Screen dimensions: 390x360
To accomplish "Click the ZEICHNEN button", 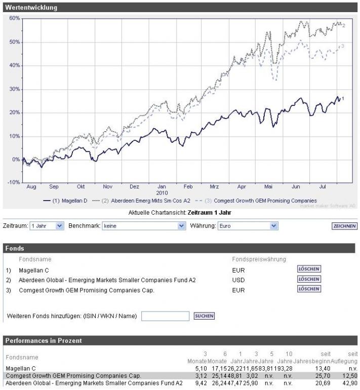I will pyautogui.click(x=345, y=226).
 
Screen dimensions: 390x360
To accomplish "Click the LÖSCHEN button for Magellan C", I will pyautogui.click(x=309, y=269).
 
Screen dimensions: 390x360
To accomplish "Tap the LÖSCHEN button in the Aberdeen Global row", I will pyautogui.click(x=309, y=279).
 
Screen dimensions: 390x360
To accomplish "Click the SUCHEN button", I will pyautogui.click(x=204, y=316).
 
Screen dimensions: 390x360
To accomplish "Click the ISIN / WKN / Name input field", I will pyautogui.click(x=165, y=316).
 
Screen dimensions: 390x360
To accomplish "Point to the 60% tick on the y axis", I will pyautogui.click(x=14, y=18).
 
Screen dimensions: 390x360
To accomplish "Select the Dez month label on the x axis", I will pyautogui.click(x=134, y=186).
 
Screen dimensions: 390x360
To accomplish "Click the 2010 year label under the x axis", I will pyautogui.click(x=162, y=193).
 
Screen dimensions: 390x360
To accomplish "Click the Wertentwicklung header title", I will pyautogui.click(x=31, y=8).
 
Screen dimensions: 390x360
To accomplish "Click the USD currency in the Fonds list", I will pyautogui.click(x=238, y=280).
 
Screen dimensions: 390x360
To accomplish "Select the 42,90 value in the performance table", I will pyautogui.click(x=349, y=383).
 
